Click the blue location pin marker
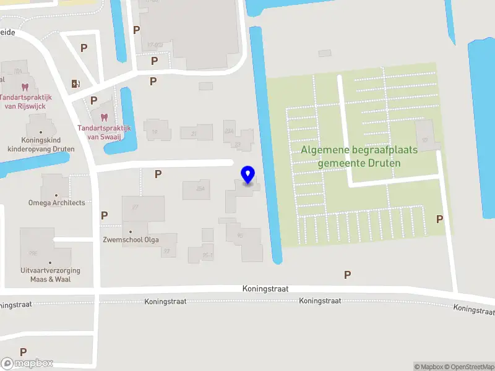[x=248, y=175]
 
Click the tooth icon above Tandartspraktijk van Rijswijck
[x=25, y=87]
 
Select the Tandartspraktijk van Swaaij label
[x=104, y=132]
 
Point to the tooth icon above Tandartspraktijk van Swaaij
[x=103, y=117]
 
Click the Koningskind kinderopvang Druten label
[x=41, y=145]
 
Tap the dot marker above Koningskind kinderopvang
[x=41, y=132]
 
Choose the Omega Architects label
[x=56, y=203]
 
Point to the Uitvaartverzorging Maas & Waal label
[x=50, y=275]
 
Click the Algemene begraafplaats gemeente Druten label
[x=359, y=156]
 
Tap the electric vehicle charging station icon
[x=75, y=83]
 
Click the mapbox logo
[x=27, y=364]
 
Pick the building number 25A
[x=200, y=188]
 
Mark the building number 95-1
[x=209, y=255]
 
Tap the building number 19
[x=155, y=132]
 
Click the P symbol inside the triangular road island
[x=84, y=48]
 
